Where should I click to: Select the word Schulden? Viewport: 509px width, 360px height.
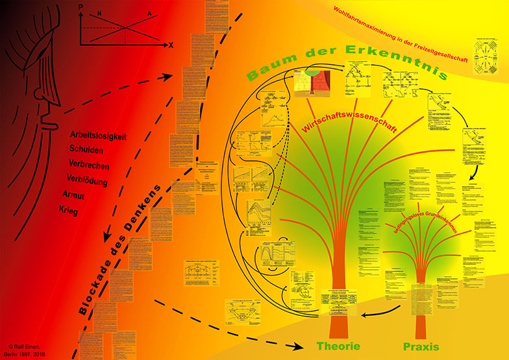pyautogui.click(x=86, y=149)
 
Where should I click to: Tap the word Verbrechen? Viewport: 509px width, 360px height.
pyautogui.click(x=90, y=165)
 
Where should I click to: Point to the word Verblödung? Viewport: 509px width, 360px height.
pyautogui.click(x=91, y=180)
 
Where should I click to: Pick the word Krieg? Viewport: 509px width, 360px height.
pyautogui.click(x=78, y=211)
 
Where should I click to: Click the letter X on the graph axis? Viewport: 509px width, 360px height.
pyautogui.click(x=171, y=45)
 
